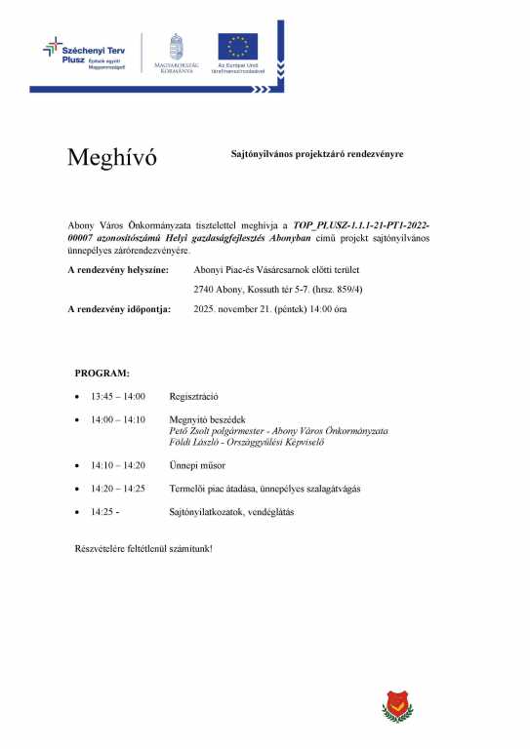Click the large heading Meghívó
(112, 158)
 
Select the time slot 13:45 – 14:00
(117, 397)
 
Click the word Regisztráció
(193, 397)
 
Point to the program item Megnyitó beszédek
(206, 419)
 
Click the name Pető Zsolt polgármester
(224, 430)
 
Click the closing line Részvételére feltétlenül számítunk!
(143, 548)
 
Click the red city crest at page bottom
(396, 702)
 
